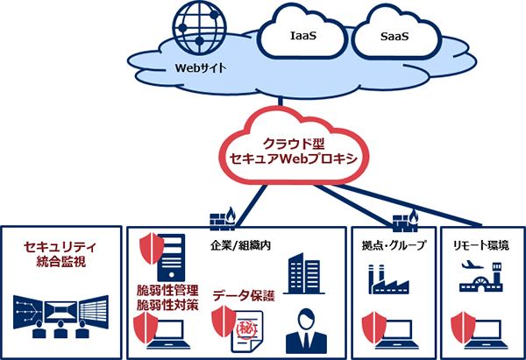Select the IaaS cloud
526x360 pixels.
click(x=302, y=38)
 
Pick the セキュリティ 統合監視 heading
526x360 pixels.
click(x=60, y=254)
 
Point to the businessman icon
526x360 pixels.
click(x=310, y=330)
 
